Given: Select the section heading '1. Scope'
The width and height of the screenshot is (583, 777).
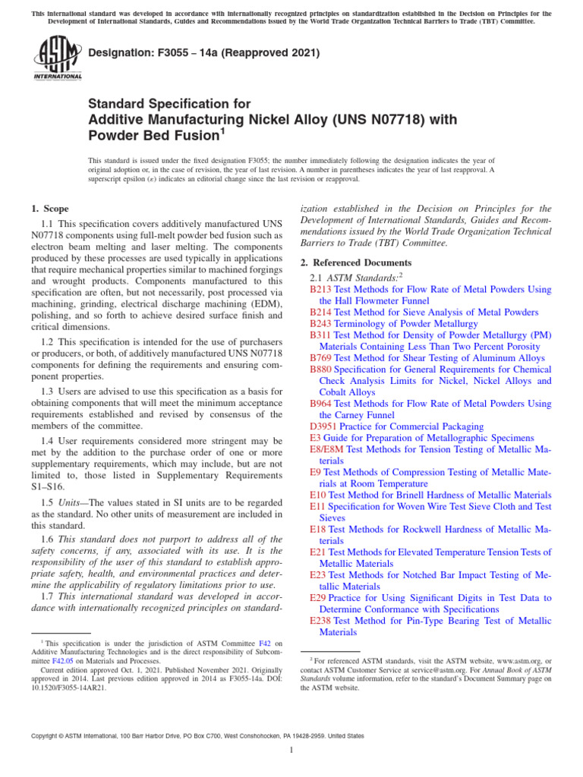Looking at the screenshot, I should (49, 209).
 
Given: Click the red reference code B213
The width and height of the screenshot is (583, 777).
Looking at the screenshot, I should (320, 289).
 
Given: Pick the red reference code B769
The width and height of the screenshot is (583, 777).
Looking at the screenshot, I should (320, 357).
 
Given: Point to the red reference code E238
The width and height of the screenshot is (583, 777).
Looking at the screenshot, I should (322, 621).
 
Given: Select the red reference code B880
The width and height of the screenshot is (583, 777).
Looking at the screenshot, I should (320, 369).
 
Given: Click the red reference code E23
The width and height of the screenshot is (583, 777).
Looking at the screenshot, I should (318, 575).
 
